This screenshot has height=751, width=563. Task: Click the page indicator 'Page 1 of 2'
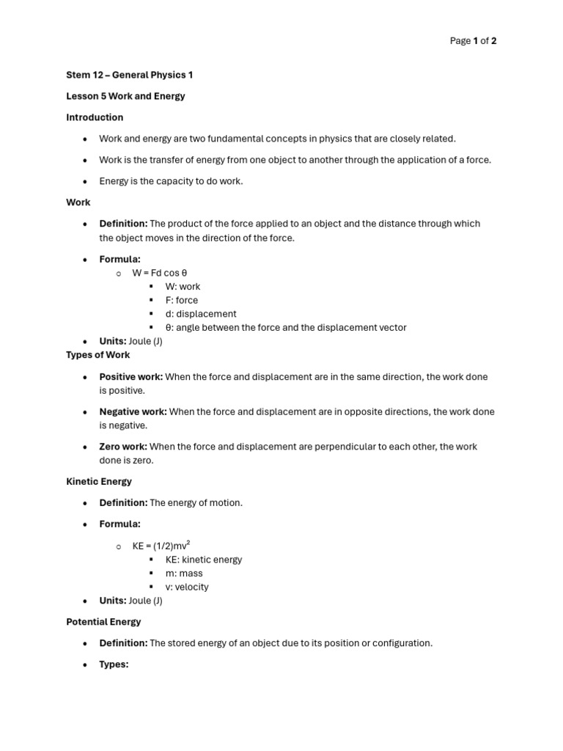pyautogui.click(x=473, y=41)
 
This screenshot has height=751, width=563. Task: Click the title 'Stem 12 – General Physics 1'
pyautogui.click(x=130, y=75)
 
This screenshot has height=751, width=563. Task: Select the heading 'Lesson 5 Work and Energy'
pyautogui.click(x=125, y=96)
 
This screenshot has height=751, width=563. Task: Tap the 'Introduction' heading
pyautogui.click(x=95, y=117)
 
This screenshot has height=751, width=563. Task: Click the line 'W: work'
pyautogui.click(x=183, y=287)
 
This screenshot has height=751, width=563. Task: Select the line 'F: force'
pyautogui.click(x=182, y=300)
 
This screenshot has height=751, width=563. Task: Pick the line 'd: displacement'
pyautogui.click(x=201, y=314)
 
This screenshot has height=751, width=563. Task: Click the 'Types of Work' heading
pyautogui.click(x=98, y=355)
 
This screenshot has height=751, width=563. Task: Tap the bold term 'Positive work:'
pyautogui.click(x=131, y=377)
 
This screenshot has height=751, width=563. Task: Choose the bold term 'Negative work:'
pyautogui.click(x=133, y=412)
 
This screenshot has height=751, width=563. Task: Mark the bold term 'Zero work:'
pyautogui.click(x=123, y=447)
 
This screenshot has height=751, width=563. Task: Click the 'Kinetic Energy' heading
pyautogui.click(x=99, y=482)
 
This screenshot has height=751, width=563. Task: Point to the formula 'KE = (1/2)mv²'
pyautogui.click(x=161, y=546)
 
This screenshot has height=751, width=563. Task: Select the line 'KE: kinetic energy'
pyautogui.click(x=204, y=560)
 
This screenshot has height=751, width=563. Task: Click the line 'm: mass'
pyautogui.click(x=184, y=574)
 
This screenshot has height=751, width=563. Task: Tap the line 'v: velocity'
pyautogui.click(x=187, y=587)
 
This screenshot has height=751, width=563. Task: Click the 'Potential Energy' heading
pyautogui.click(x=103, y=622)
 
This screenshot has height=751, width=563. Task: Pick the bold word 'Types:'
pyautogui.click(x=114, y=664)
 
